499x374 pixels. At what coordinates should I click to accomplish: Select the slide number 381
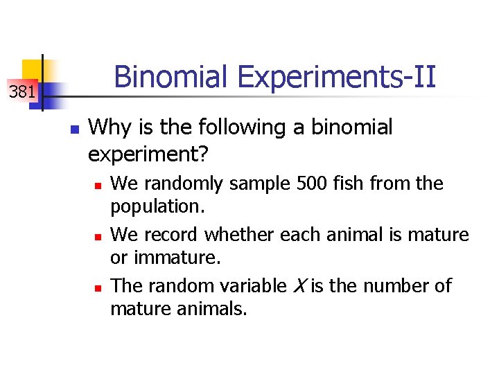(22, 91)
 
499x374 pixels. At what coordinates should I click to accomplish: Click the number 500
(315, 184)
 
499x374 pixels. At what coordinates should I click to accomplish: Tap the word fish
(353, 184)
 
